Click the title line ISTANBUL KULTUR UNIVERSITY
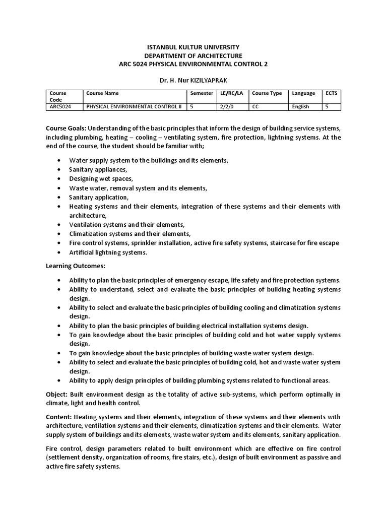(x=193, y=47)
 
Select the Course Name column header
(x=103, y=93)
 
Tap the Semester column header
(x=202, y=93)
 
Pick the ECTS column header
(x=331, y=93)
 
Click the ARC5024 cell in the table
(x=60, y=107)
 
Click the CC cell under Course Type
(x=255, y=107)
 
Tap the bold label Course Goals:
(x=67, y=128)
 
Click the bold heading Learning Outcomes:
(x=76, y=266)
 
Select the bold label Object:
(x=57, y=394)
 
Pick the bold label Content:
(x=59, y=417)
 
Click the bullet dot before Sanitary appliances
(x=59, y=170)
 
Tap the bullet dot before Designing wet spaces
(x=59, y=179)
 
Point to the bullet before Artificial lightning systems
(x=59, y=252)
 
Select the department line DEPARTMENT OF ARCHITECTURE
(x=193, y=55)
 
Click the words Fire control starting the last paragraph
(x=63, y=448)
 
